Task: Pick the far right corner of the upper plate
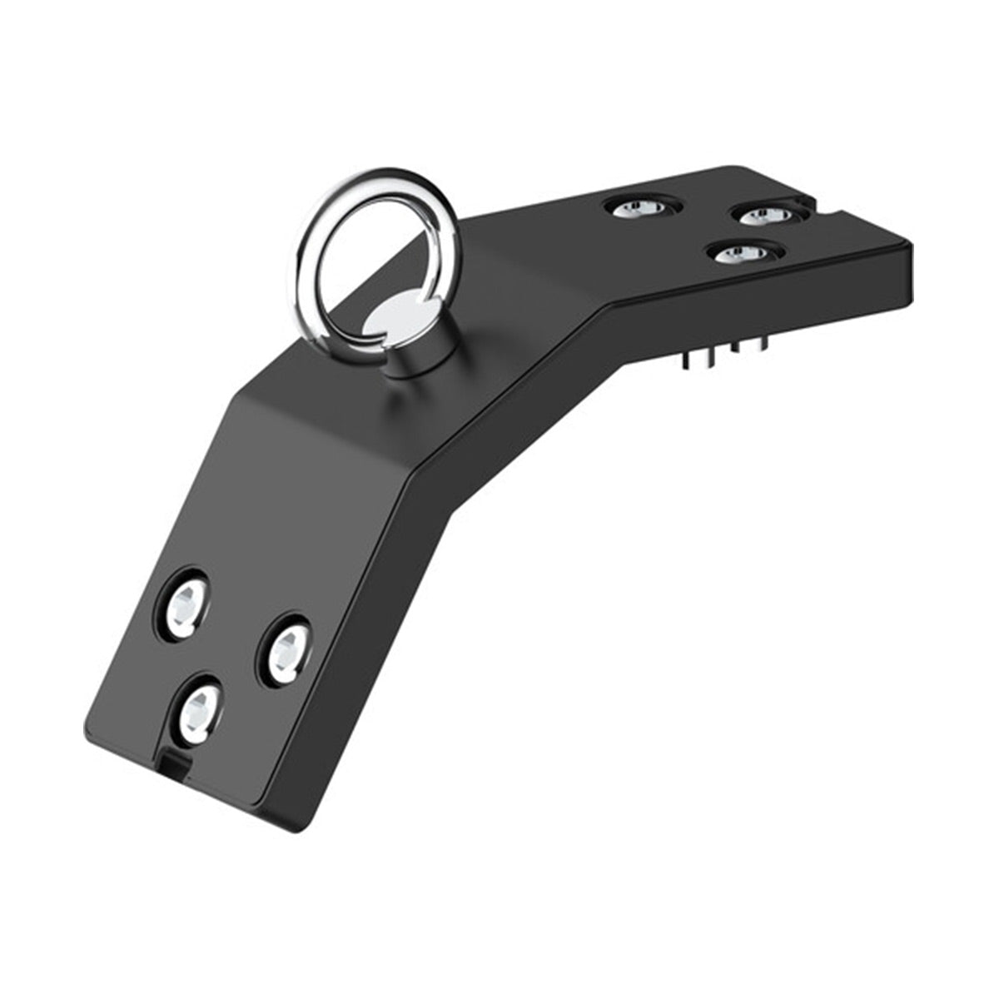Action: (911, 245)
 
